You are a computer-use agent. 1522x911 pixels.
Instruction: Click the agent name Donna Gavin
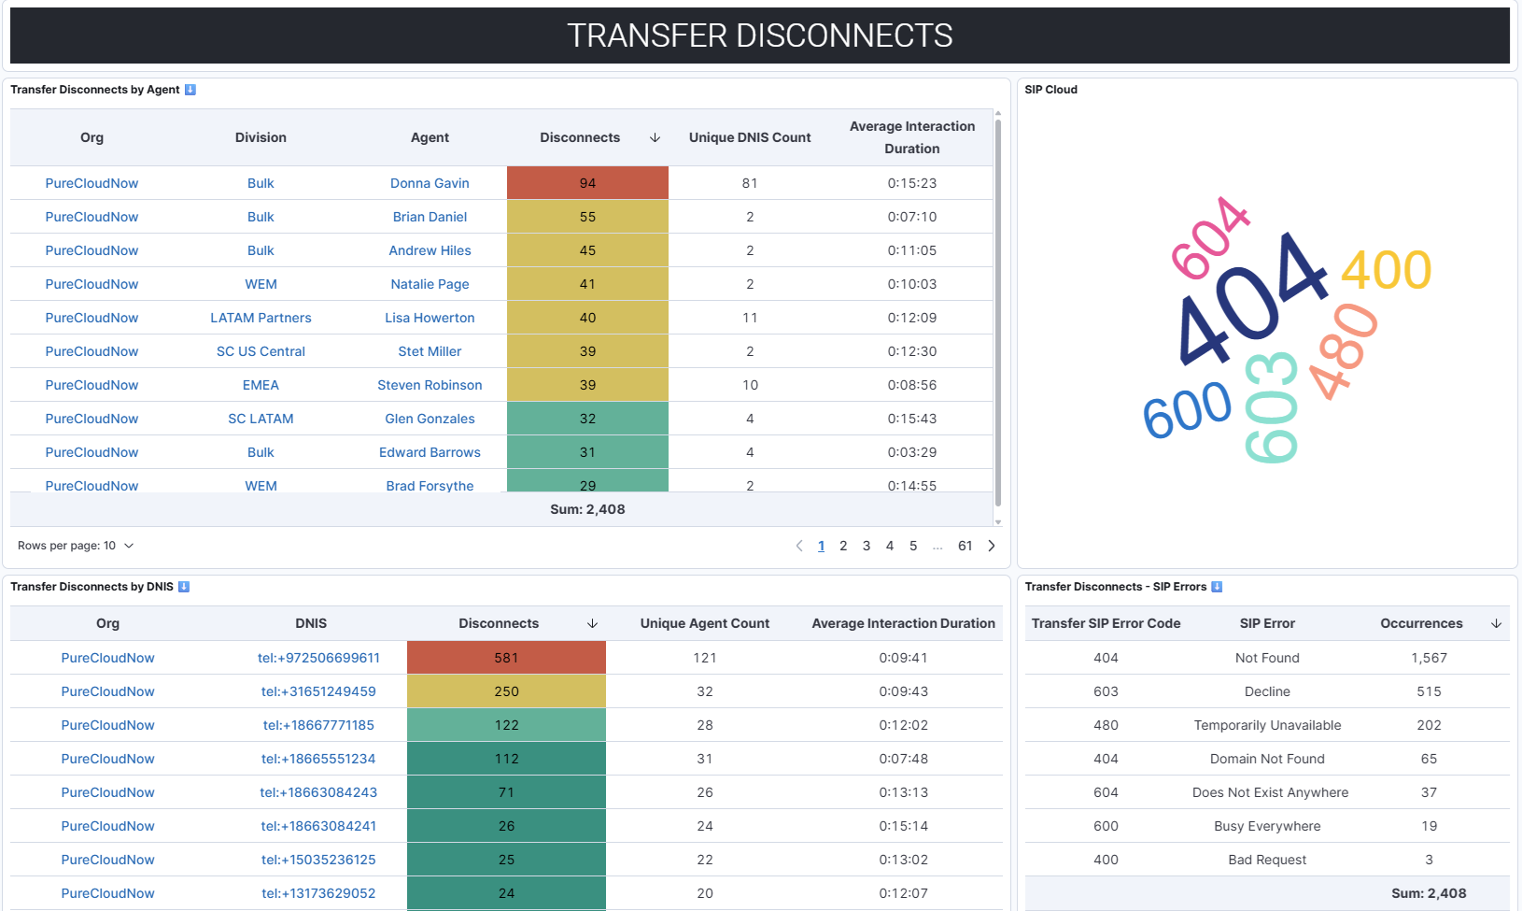[430, 183]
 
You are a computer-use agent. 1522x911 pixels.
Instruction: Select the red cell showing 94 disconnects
[587, 183]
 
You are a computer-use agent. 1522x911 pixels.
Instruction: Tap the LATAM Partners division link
[261, 318]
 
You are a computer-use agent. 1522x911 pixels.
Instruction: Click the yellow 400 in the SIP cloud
[1386, 271]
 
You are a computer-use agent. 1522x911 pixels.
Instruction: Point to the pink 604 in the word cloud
[1209, 239]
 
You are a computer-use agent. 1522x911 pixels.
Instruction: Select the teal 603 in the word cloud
[1272, 407]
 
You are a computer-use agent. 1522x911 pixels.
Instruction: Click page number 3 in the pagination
[867, 546]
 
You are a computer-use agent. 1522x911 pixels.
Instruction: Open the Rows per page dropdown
[76, 546]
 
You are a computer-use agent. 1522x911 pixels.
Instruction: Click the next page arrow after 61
[992, 546]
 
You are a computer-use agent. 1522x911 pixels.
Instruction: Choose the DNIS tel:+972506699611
[318, 658]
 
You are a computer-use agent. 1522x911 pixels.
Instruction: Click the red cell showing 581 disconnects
[506, 658]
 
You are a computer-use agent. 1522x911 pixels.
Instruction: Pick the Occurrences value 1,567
[1429, 658]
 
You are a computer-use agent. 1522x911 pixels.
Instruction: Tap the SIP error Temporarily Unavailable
[1267, 725]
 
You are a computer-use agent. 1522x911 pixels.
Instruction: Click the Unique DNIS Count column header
[750, 137]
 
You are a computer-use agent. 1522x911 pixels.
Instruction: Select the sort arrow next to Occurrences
[1496, 623]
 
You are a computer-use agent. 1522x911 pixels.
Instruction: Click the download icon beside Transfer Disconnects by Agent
[190, 90]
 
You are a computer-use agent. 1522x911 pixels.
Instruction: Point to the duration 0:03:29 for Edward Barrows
[911, 452]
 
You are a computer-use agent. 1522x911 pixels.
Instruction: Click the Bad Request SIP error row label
[1267, 860]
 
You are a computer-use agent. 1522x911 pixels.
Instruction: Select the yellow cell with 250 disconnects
[506, 691]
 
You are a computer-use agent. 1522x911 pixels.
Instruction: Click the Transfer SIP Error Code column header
[1106, 623]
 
